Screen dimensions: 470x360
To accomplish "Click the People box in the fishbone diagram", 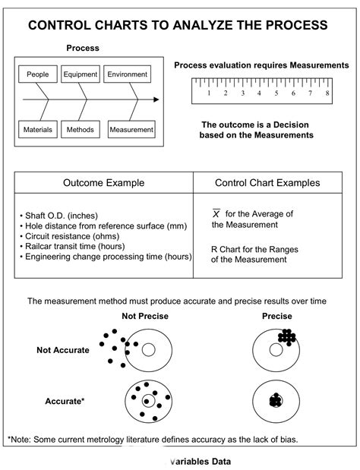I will pos(37,74).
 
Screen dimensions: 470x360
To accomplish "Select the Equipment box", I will pos(81,74).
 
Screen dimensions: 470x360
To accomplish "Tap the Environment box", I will pos(127,74).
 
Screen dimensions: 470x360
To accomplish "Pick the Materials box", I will pos(37,130).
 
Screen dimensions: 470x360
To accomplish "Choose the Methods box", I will pos(81,130).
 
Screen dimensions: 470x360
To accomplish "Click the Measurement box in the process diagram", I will pos(131,130).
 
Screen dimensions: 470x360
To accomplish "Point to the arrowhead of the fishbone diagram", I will pos(156,99).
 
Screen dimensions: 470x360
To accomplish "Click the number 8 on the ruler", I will pos(327,94).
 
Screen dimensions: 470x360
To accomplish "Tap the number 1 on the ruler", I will pos(208,94).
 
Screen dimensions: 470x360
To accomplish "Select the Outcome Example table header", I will pos(103,183).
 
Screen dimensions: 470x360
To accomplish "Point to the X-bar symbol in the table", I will pos(216,214).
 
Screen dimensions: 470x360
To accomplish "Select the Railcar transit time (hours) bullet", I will pos(71,247).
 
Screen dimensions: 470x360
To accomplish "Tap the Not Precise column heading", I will pos(144,316).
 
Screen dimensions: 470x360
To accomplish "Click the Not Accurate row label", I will pos(63,350).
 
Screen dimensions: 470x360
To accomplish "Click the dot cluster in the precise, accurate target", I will pos(276,401).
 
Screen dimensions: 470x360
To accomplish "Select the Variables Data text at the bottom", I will pos(201,461).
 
